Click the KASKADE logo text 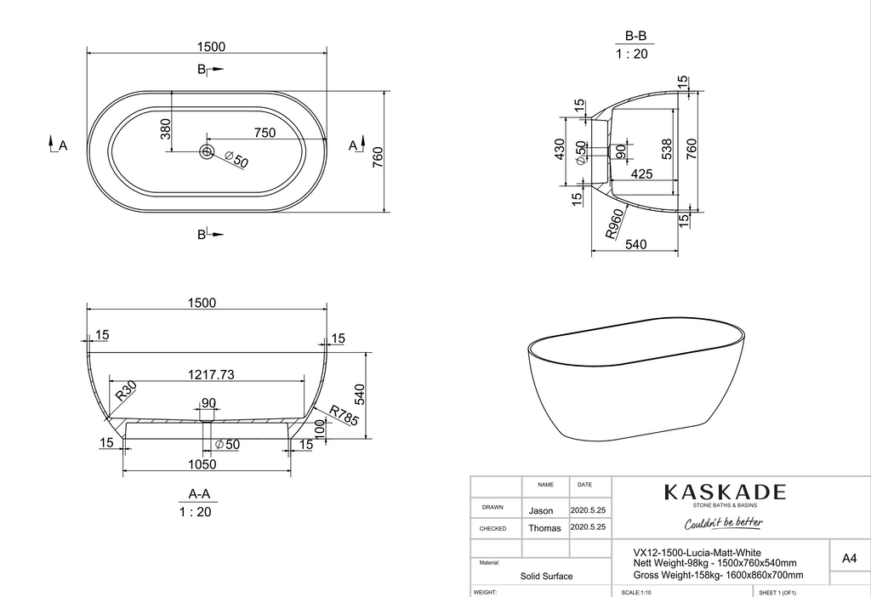coord(724,492)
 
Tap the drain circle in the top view coord(207,151)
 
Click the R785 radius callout coord(344,414)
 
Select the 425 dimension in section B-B coord(641,173)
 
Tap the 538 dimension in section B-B coord(667,150)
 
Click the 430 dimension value coord(560,150)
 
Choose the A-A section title coord(199,494)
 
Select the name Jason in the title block coord(541,511)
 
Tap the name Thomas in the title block coord(544,528)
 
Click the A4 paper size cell coord(848,559)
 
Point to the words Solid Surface coord(546,576)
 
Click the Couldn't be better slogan coord(724,522)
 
